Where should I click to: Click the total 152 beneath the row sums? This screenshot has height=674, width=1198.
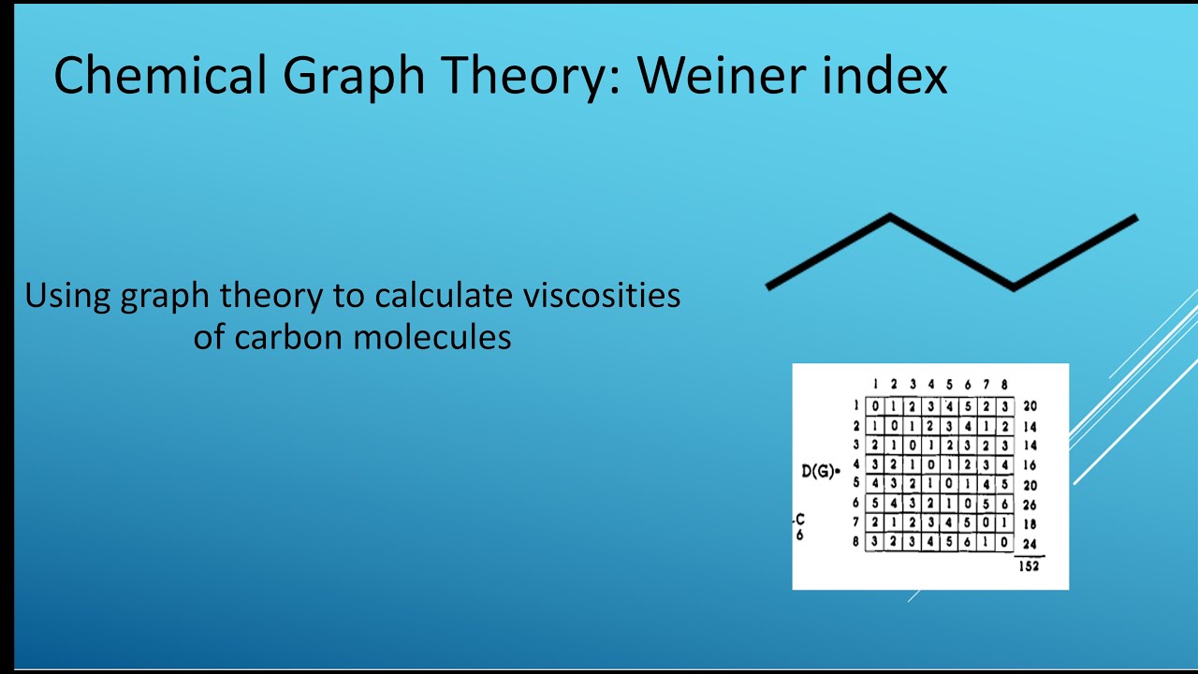[1029, 566]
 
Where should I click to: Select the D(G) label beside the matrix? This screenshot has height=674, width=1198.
[819, 471]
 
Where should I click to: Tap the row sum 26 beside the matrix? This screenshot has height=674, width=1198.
[1030, 505]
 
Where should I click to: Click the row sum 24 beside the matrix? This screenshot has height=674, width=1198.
[1030, 544]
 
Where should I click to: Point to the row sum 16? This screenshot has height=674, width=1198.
[1030, 465]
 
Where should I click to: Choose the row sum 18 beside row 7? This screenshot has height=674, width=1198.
[1030, 524]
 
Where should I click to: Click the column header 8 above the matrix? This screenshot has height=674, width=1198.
[1004, 385]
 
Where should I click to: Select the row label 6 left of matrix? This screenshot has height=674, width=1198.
[855, 504]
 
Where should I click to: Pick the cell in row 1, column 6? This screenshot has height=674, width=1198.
[968, 406]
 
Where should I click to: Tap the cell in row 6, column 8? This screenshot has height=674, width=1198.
[1004, 505]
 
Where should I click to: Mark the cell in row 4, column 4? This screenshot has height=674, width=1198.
[930, 465]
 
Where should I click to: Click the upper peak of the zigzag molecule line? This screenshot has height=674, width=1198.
[889, 219]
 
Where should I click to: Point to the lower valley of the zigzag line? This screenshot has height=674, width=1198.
[1014, 286]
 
